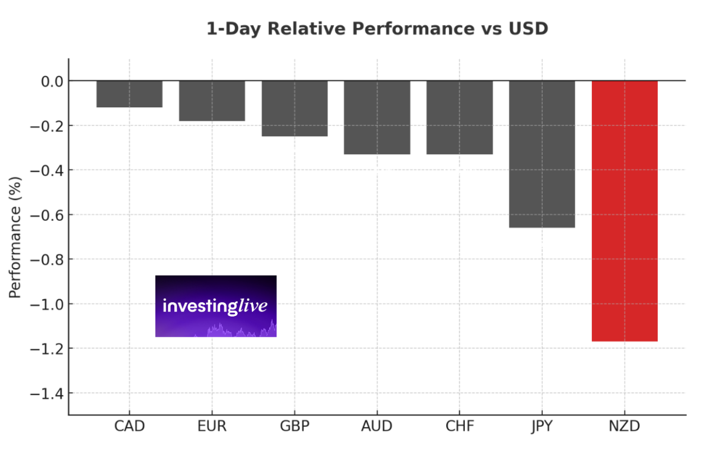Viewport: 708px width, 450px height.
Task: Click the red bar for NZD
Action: pos(625,211)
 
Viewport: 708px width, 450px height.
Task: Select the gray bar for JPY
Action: pos(542,154)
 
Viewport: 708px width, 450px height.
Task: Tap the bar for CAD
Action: pos(129,94)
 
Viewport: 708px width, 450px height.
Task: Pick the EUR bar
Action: pos(212,101)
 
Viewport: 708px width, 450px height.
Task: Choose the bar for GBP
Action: pos(294,108)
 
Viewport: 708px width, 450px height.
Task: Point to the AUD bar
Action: pos(377,118)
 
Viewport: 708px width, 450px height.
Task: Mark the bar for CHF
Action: pos(459,118)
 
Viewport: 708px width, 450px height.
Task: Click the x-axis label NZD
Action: pos(625,426)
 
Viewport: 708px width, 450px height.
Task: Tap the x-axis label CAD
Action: pos(129,426)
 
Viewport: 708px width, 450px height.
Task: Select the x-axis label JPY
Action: pos(542,426)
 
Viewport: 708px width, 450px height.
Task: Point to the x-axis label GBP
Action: pos(294,426)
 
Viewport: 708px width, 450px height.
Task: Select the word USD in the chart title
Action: pos(528,29)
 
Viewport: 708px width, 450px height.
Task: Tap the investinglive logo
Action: pos(216,306)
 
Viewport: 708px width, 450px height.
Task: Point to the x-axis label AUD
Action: pos(377,426)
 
